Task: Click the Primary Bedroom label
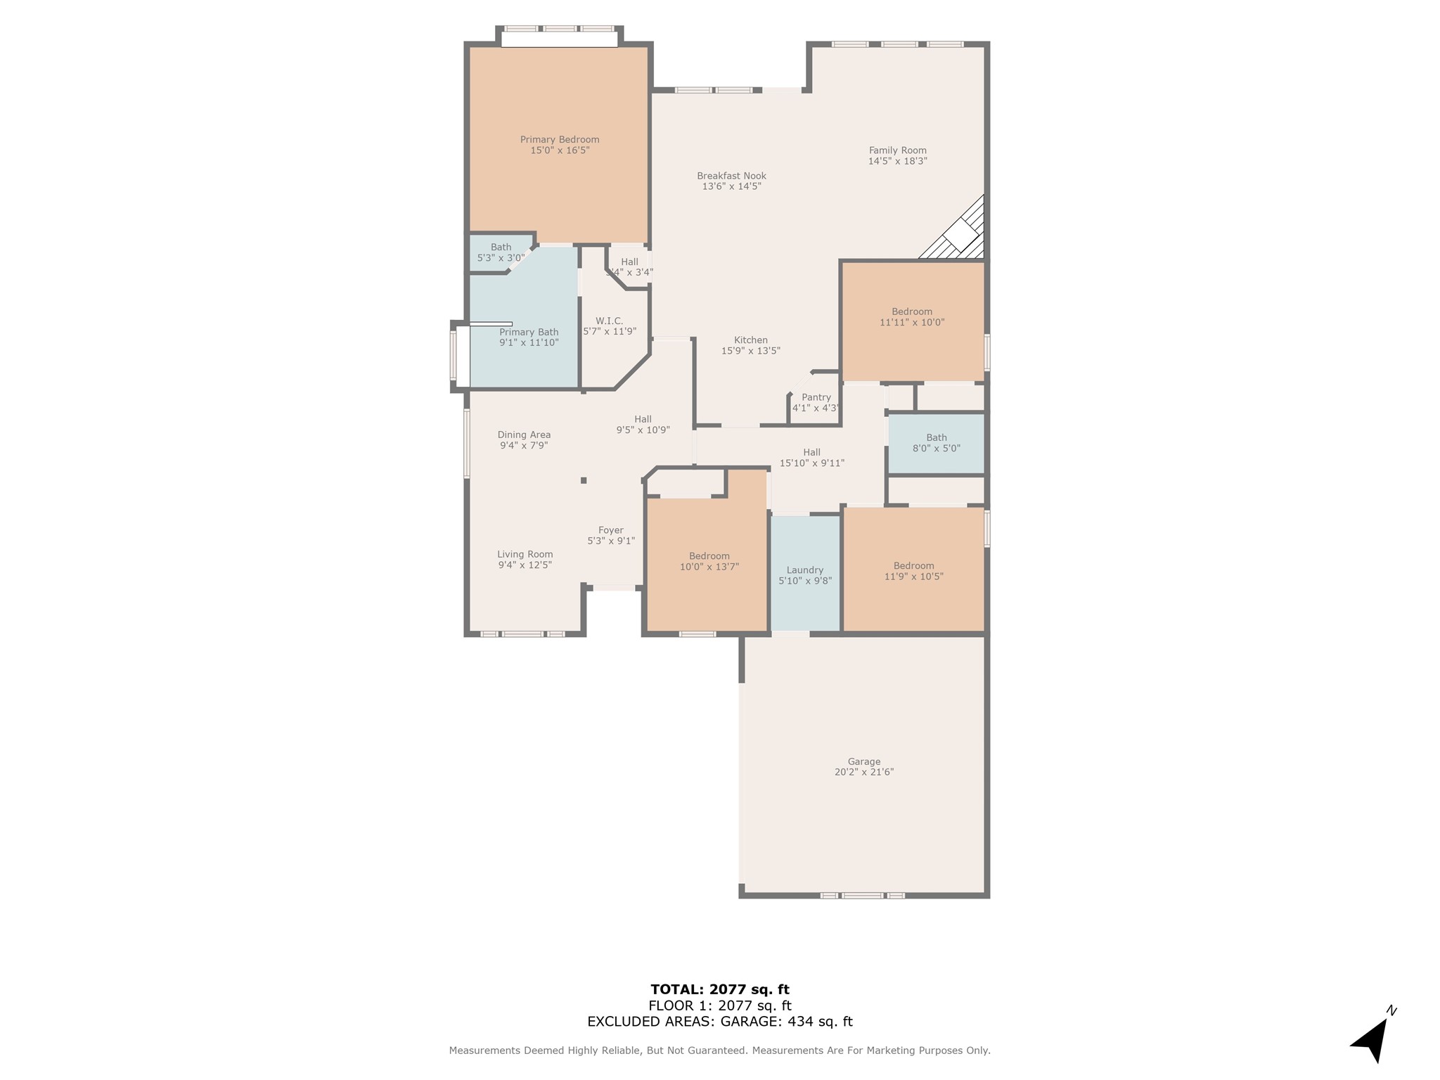(x=560, y=139)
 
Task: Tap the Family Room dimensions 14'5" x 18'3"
(x=898, y=161)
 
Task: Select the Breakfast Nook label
(x=731, y=176)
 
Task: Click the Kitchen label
(x=751, y=340)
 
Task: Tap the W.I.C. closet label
(x=609, y=321)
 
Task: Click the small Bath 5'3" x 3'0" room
(x=501, y=252)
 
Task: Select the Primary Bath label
(x=529, y=332)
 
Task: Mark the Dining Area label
(x=524, y=435)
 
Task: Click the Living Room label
(x=525, y=554)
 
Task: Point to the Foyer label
(x=611, y=530)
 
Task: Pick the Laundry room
(x=805, y=574)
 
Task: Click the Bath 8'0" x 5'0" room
(x=936, y=443)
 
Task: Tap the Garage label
(x=864, y=761)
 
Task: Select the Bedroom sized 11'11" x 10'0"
(x=913, y=321)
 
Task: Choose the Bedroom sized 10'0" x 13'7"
(x=706, y=562)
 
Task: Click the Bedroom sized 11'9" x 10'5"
(x=913, y=570)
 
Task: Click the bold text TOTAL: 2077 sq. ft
(x=720, y=990)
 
